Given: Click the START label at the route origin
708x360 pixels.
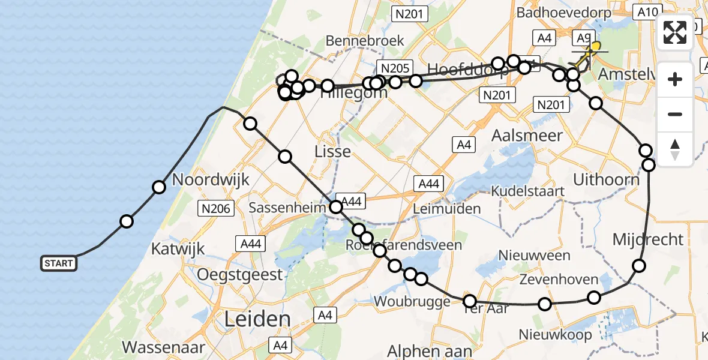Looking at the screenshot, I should coord(59,263).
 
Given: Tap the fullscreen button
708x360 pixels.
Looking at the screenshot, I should coord(675,32).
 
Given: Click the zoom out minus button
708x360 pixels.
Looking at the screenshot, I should coord(675,114).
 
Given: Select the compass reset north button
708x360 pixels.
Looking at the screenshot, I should coord(675,149).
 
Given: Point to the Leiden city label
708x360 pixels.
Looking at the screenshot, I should coord(257,319).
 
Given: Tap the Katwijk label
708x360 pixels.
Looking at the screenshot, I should coord(178,248).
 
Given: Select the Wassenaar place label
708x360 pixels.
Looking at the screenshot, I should coord(164,347).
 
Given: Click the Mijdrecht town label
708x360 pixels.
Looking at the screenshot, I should coord(648,239).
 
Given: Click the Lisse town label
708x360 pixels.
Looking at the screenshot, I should coord(332,151).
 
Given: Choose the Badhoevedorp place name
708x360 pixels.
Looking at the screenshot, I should coord(564,13).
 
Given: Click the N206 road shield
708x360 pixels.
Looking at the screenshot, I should coord(215,208).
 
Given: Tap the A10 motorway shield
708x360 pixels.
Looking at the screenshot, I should coord(649,11).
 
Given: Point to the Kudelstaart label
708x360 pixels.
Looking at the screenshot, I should coord(527,191).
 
